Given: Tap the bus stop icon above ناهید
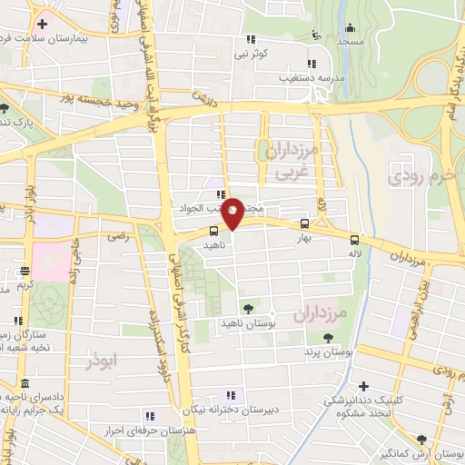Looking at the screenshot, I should click(x=213, y=231).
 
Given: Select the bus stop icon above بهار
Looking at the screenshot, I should click(x=304, y=223).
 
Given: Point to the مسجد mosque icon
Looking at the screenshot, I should click(x=315, y=35).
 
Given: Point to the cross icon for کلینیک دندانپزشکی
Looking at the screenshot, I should click(x=364, y=388).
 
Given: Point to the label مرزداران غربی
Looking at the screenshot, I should click(x=288, y=160).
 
